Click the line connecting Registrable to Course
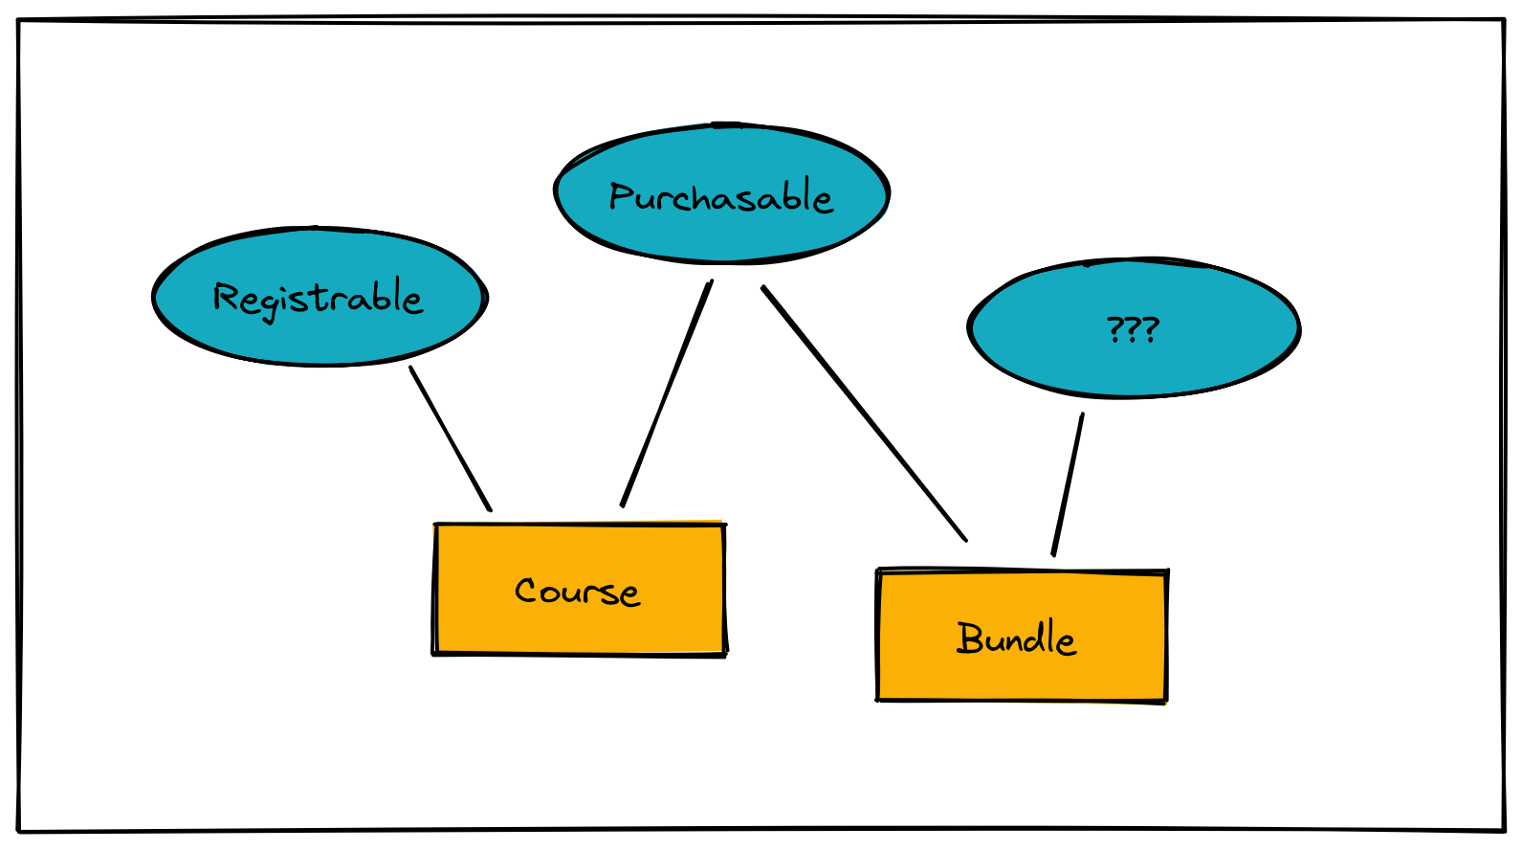pyautogui.click(x=450, y=437)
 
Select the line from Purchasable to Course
pyautogui.click(x=667, y=392)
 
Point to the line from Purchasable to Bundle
pyautogui.click(x=864, y=413)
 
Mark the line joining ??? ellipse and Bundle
pyautogui.click(x=1068, y=484)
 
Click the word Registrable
pyautogui.click(x=318, y=298)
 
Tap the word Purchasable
pyautogui.click(x=721, y=197)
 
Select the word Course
pyautogui.click(x=577, y=591)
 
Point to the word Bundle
pyautogui.click(x=1016, y=638)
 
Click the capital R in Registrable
pyautogui.click(x=225, y=297)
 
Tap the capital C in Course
pyautogui.click(x=528, y=590)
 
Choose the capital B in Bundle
pyautogui.click(x=970, y=637)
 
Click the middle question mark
pyautogui.click(x=1134, y=329)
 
